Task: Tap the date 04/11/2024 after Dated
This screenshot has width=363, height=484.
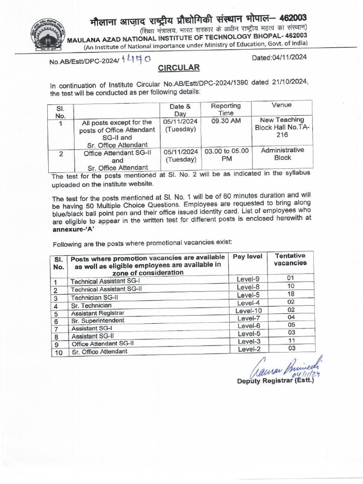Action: tap(289, 57)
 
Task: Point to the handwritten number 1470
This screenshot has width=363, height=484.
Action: tap(136, 59)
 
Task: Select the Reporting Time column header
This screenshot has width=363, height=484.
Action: tap(225, 109)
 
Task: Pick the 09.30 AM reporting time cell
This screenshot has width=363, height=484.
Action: tap(225, 121)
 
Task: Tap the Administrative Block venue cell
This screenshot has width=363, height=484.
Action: tap(282, 154)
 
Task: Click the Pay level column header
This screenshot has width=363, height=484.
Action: tap(248, 256)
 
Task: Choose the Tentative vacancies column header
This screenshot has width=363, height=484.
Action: tap(290, 259)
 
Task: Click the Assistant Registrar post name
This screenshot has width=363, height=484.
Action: tap(98, 313)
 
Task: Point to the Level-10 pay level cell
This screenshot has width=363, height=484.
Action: tap(249, 311)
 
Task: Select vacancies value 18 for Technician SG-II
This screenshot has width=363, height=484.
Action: tap(291, 294)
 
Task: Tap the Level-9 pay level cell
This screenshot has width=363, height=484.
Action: tap(248, 279)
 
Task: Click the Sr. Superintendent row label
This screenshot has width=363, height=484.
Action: tap(98, 320)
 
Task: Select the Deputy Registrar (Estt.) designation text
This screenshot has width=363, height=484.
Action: tap(275, 381)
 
